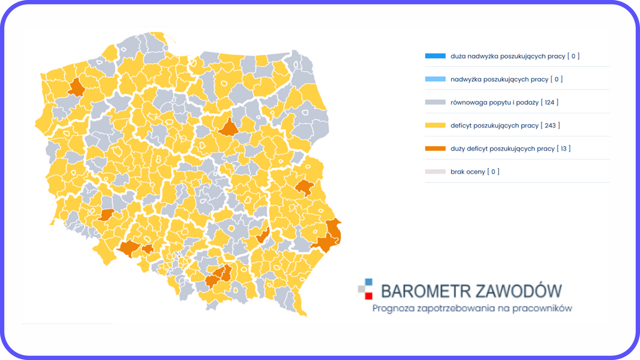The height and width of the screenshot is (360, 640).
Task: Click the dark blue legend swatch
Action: click(x=435, y=56)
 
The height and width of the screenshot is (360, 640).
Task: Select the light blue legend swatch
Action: click(x=435, y=79)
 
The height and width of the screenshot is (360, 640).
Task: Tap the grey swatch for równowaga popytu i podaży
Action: click(x=435, y=102)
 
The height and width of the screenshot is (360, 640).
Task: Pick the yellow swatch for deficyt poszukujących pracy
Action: click(x=435, y=126)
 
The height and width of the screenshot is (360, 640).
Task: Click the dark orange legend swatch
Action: click(x=435, y=149)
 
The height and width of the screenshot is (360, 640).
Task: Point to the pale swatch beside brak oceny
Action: click(x=435, y=172)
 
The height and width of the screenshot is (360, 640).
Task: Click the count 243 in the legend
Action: click(x=550, y=126)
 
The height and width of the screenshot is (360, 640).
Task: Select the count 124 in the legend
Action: click(x=550, y=102)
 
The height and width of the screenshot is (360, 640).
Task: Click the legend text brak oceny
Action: click(x=467, y=172)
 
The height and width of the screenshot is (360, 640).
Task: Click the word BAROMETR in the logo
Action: click(x=419, y=291)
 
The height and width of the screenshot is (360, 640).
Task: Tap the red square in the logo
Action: click(x=369, y=296)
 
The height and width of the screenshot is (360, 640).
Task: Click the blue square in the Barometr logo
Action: click(x=369, y=282)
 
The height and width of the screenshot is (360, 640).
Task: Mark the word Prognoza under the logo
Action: click(x=392, y=308)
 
